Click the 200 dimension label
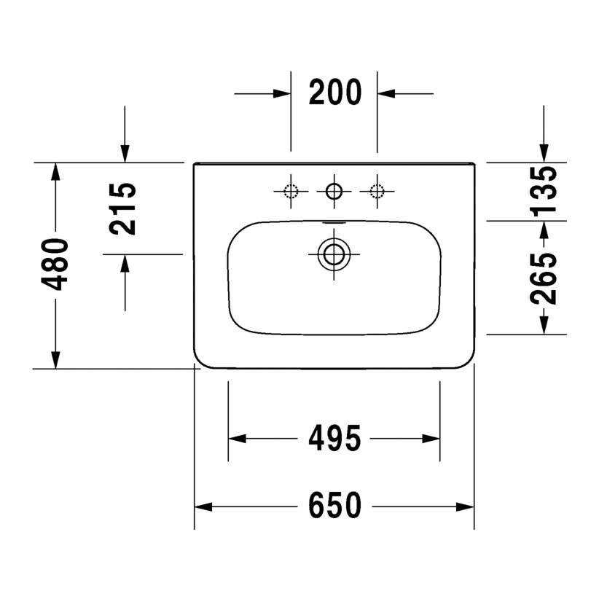(x=334, y=93)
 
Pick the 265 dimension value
(x=544, y=278)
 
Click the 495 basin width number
(x=334, y=439)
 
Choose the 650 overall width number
(x=334, y=506)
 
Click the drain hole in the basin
(x=334, y=254)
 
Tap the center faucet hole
(x=334, y=192)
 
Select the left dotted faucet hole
(x=291, y=192)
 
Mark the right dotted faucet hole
(x=377, y=192)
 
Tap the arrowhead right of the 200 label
(x=385, y=93)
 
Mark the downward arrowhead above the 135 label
(x=544, y=152)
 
